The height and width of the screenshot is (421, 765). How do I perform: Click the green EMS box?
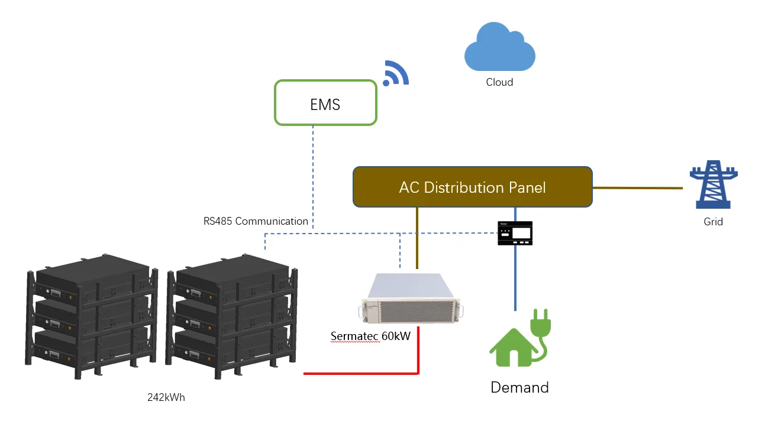point(325,103)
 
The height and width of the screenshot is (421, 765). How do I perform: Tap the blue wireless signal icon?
point(395,73)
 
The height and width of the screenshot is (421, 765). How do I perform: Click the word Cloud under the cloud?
point(499,82)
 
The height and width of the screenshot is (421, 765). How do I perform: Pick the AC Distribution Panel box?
point(472,187)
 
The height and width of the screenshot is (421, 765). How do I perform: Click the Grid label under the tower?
point(713,222)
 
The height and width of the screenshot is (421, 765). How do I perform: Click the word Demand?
point(519,388)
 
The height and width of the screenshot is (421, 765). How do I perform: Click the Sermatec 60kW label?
point(370,336)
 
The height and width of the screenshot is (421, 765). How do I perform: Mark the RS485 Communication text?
point(256,221)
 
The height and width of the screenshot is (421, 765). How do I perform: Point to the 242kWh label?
point(166,397)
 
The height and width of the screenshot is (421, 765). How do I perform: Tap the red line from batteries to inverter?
point(361,373)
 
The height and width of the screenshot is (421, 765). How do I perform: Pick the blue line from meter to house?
point(515,278)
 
